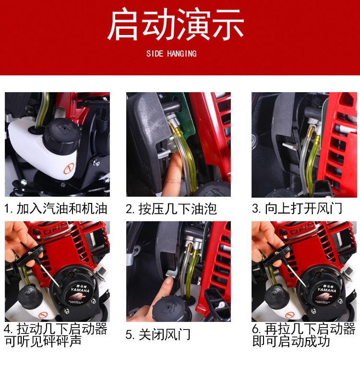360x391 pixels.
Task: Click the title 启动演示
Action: pyautogui.click(x=176, y=24)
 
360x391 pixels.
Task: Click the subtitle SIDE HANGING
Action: pyautogui.click(x=171, y=54)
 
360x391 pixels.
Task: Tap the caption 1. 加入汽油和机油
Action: pyautogui.click(x=56, y=209)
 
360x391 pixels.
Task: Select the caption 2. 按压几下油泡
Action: pyautogui.click(x=171, y=209)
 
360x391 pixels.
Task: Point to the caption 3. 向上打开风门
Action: pyautogui.click(x=297, y=209)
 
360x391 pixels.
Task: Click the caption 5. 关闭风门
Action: pyautogui.click(x=158, y=335)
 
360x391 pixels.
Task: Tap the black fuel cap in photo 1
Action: pyautogui.click(x=61, y=136)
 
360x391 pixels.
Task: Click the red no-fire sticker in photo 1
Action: pyautogui.click(x=69, y=168)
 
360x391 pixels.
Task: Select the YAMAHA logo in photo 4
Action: pyautogui.click(x=80, y=290)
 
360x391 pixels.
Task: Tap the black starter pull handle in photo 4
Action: pyautogui.click(x=30, y=255)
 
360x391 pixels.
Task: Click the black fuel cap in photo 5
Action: pyautogui.click(x=172, y=308)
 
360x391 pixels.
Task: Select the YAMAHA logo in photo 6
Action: pyautogui.click(x=327, y=290)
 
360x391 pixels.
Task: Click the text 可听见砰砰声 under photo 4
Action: pyautogui.click(x=43, y=341)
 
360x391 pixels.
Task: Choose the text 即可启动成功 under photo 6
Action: pyautogui.click(x=291, y=341)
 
